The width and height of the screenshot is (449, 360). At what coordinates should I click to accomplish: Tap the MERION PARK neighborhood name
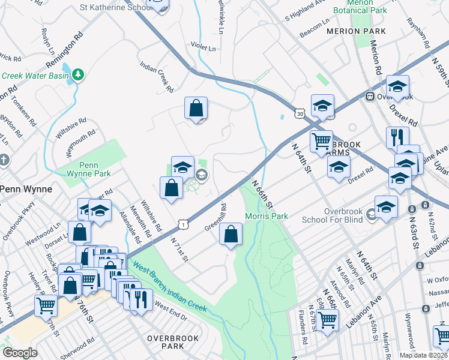click(x=355, y=31)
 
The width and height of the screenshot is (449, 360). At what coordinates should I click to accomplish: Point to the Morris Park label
click(x=267, y=216)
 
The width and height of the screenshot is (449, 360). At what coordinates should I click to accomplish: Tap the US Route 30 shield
click(x=300, y=112)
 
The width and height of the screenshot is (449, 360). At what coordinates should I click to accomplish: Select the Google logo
click(x=20, y=353)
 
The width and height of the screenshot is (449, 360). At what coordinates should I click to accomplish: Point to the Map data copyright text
click(x=424, y=355)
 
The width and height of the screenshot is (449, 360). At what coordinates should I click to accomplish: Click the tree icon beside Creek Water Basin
click(x=78, y=74)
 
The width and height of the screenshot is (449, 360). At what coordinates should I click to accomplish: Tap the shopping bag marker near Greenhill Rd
click(x=231, y=234)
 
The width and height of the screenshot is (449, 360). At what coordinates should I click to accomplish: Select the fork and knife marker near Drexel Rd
click(x=397, y=137)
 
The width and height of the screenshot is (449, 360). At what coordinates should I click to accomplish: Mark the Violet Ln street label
click(x=202, y=47)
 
